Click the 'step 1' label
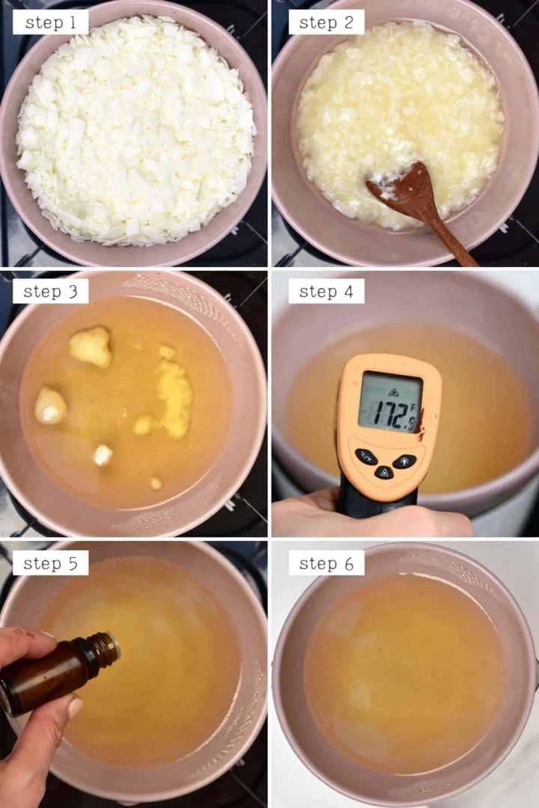[50, 22]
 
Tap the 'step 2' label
[326, 22]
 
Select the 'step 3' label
[50, 292]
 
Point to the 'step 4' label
[326, 292]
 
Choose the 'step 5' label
[50, 563]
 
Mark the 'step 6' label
[326, 563]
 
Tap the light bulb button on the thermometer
[405, 461]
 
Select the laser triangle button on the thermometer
[384, 471]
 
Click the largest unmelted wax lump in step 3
[91, 347]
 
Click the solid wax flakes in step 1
[135, 129]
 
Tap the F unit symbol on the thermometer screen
[413, 405]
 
